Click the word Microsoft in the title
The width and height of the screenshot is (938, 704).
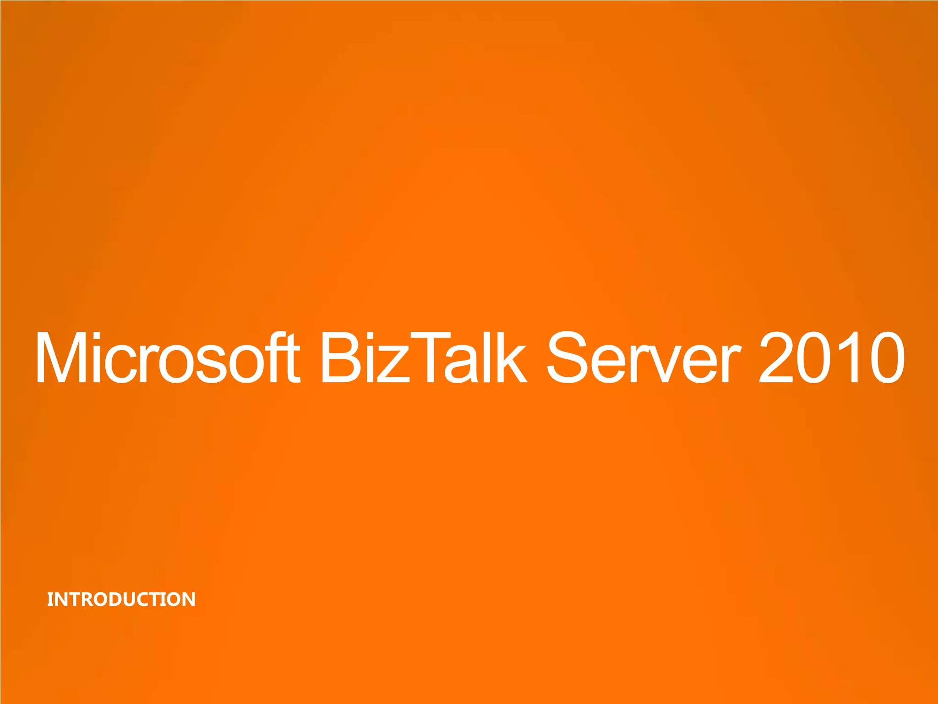(x=167, y=357)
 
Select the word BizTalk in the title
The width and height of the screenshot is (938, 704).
(x=424, y=357)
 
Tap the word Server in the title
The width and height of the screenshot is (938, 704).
(x=644, y=357)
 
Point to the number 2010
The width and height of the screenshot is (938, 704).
(x=831, y=357)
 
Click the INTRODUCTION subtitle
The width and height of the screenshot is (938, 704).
(x=121, y=599)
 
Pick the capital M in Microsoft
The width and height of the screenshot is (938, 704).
(x=64, y=357)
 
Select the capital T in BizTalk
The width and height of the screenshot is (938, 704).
(x=428, y=357)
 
